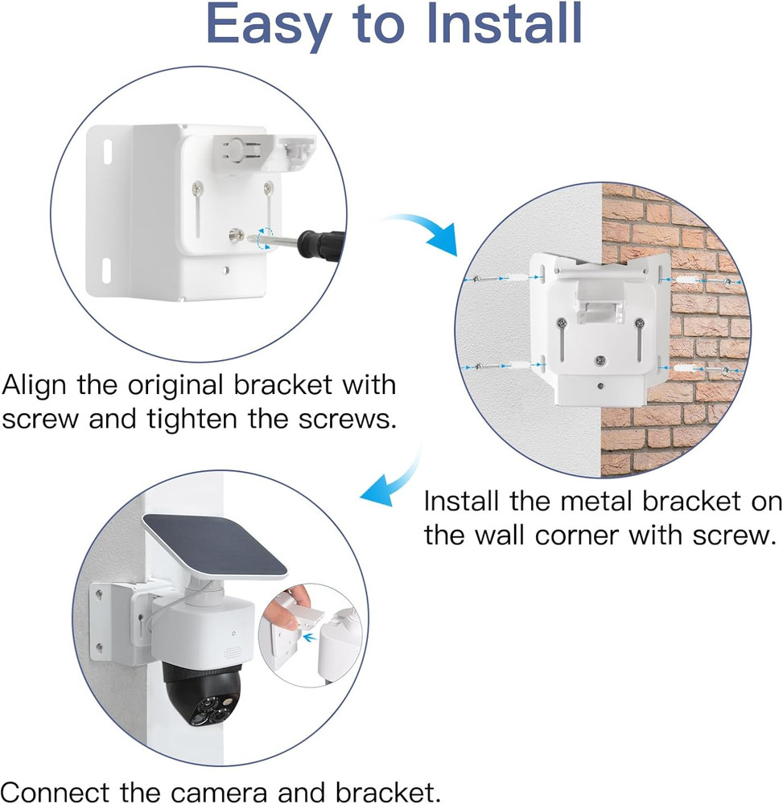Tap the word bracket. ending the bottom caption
tap(392, 793)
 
